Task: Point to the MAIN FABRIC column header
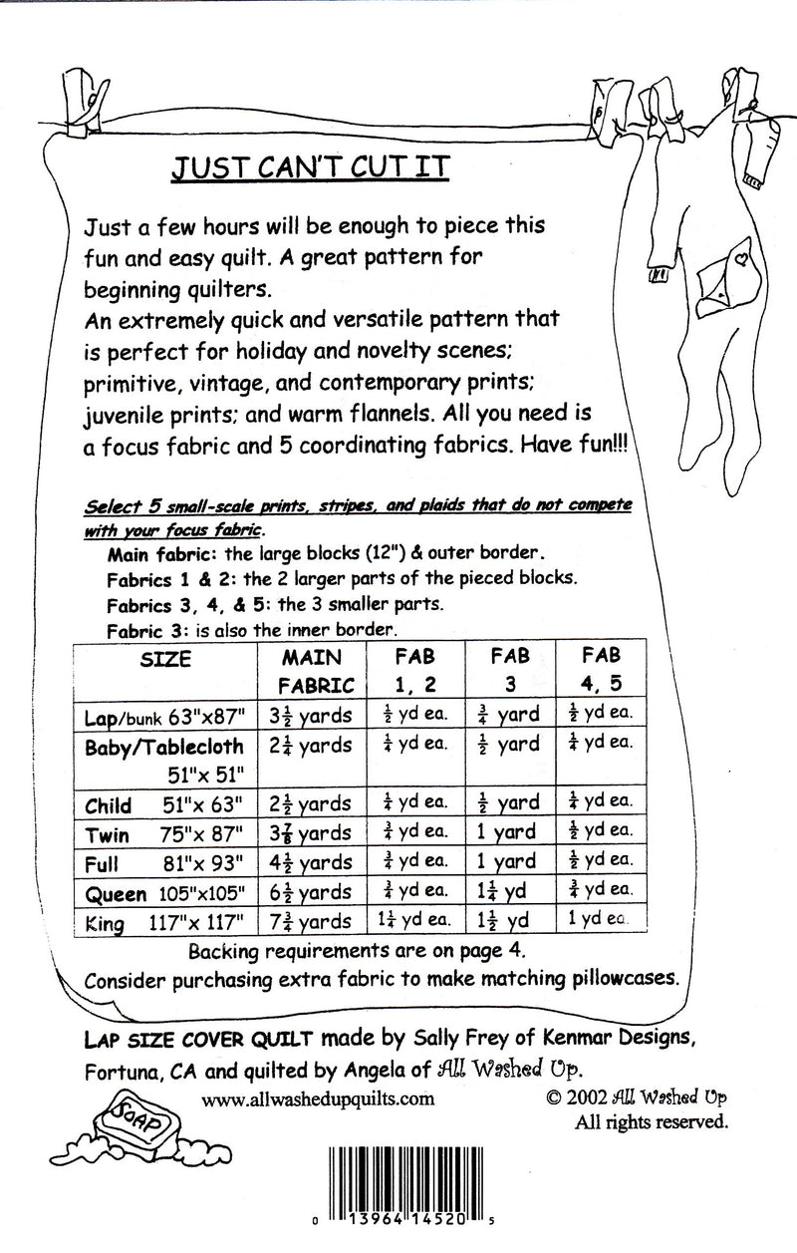click(x=313, y=671)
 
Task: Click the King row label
click(x=105, y=923)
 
